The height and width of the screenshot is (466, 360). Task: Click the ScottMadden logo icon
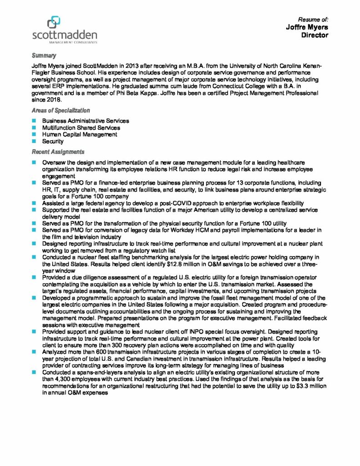[x=54, y=22]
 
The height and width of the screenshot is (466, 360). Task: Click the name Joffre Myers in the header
[x=307, y=27]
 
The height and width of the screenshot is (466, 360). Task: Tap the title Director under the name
[x=314, y=35]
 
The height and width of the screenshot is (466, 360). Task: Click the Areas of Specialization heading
[x=61, y=110]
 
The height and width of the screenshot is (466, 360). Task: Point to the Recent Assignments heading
[x=58, y=151]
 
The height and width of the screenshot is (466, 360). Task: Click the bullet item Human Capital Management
[x=79, y=135]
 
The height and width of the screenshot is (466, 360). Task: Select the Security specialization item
[x=53, y=142]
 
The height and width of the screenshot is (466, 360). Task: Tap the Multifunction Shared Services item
[x=82, y=128]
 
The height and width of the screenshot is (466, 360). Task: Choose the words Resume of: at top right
[x=313, y=20]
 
